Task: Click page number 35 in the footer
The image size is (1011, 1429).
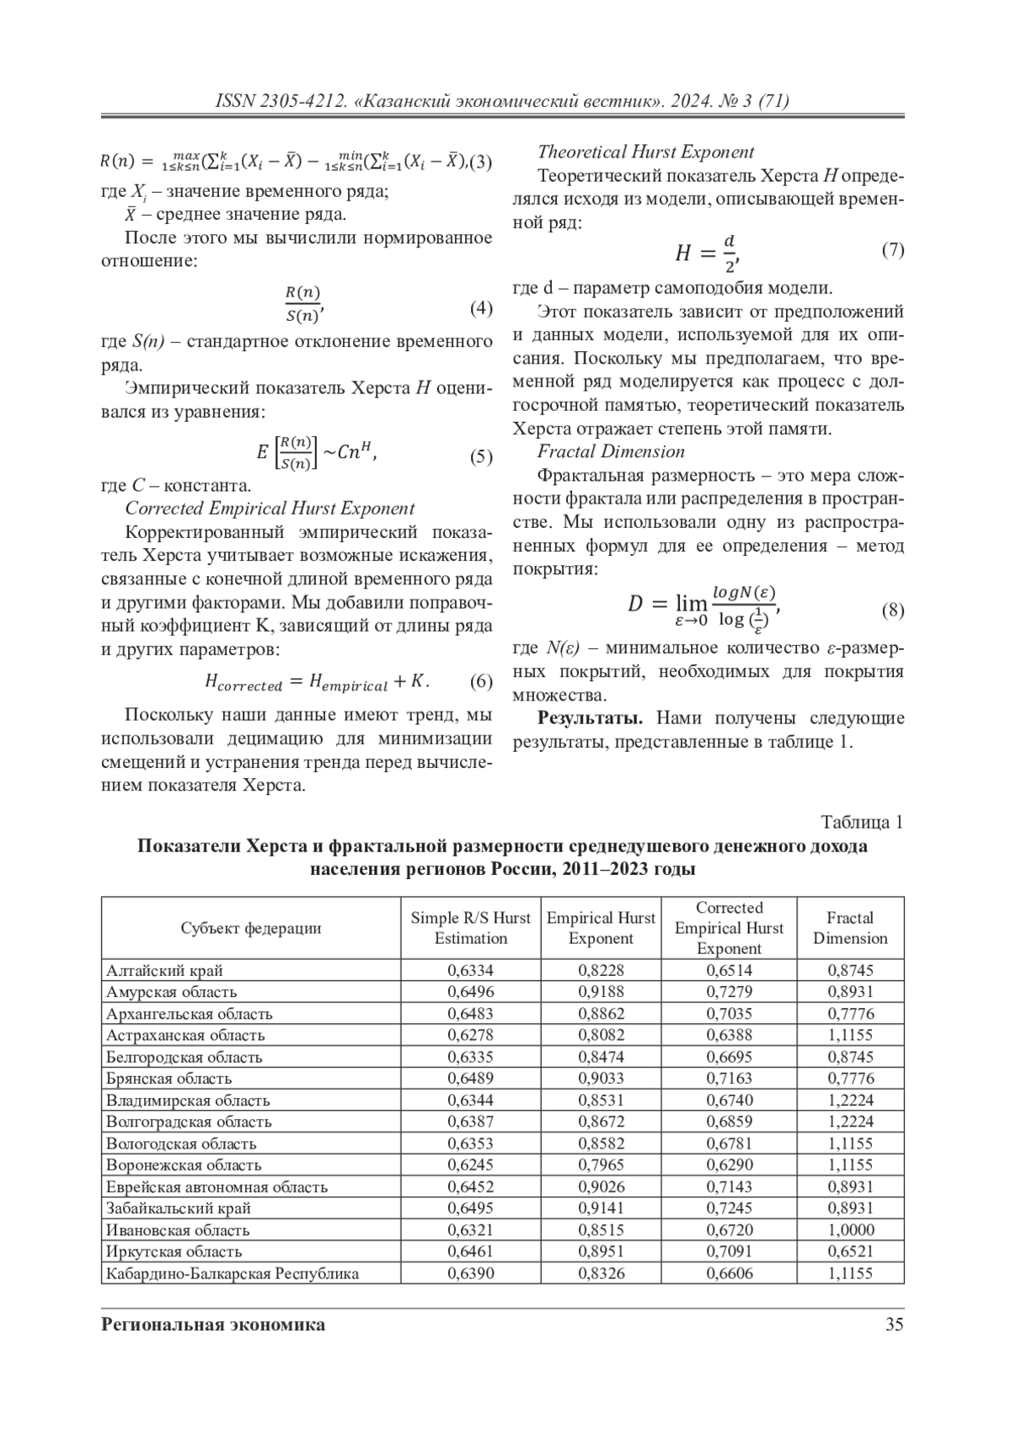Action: pos(894,1325)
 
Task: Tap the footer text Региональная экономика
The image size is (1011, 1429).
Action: pos(212,1325)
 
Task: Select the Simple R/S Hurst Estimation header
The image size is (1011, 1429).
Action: pos(470,928)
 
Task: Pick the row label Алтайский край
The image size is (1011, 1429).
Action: pos(164,971)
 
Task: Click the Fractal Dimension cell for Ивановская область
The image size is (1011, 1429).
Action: pos(849,1230)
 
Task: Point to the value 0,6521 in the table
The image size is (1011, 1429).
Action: pos(849,1251)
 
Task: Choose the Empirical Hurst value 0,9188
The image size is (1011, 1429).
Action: pos(601,992)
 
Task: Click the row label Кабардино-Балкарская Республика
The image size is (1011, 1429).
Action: pos(233,1273)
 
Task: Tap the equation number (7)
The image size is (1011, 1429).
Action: pos(892,250)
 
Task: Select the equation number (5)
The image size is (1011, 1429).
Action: pos(480,457)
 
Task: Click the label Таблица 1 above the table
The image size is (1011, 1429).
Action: pos(862,823)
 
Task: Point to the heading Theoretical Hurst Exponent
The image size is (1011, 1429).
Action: pos(645,152)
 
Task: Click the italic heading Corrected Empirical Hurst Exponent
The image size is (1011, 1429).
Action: pos(270,509)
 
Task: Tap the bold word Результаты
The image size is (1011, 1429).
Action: pos(591,718)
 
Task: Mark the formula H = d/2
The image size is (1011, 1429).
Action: pos(706,252)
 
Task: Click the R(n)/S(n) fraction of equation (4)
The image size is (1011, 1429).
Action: pos(302,305)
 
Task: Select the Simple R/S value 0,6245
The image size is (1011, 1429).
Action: pos(470,1165)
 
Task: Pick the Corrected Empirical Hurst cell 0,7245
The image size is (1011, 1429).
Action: pos(729,1208)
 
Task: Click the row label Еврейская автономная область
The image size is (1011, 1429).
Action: pos(217,1187)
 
